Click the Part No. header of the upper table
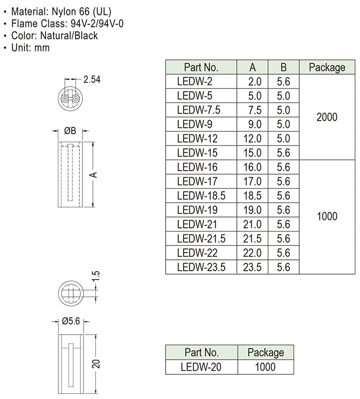click(x=201, y=68)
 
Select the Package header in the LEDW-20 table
click(x=266, y=353)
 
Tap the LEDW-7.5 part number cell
click(x=198, y=110)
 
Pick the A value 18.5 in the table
click(x=252, y=196)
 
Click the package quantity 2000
click(x=326, y=117)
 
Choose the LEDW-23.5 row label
click(x=201, y=267)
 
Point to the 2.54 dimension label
click(x=91, y=79)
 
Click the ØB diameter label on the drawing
click(x=70, y=131)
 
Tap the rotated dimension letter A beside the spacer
click(x=94, y=175)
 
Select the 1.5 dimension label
click(x=96, y=276)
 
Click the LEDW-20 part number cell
click(x=201, y=367)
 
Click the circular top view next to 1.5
click(x=70, y=293)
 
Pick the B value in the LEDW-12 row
click(x=284, y=139)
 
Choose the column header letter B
click(x=284, y=68)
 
